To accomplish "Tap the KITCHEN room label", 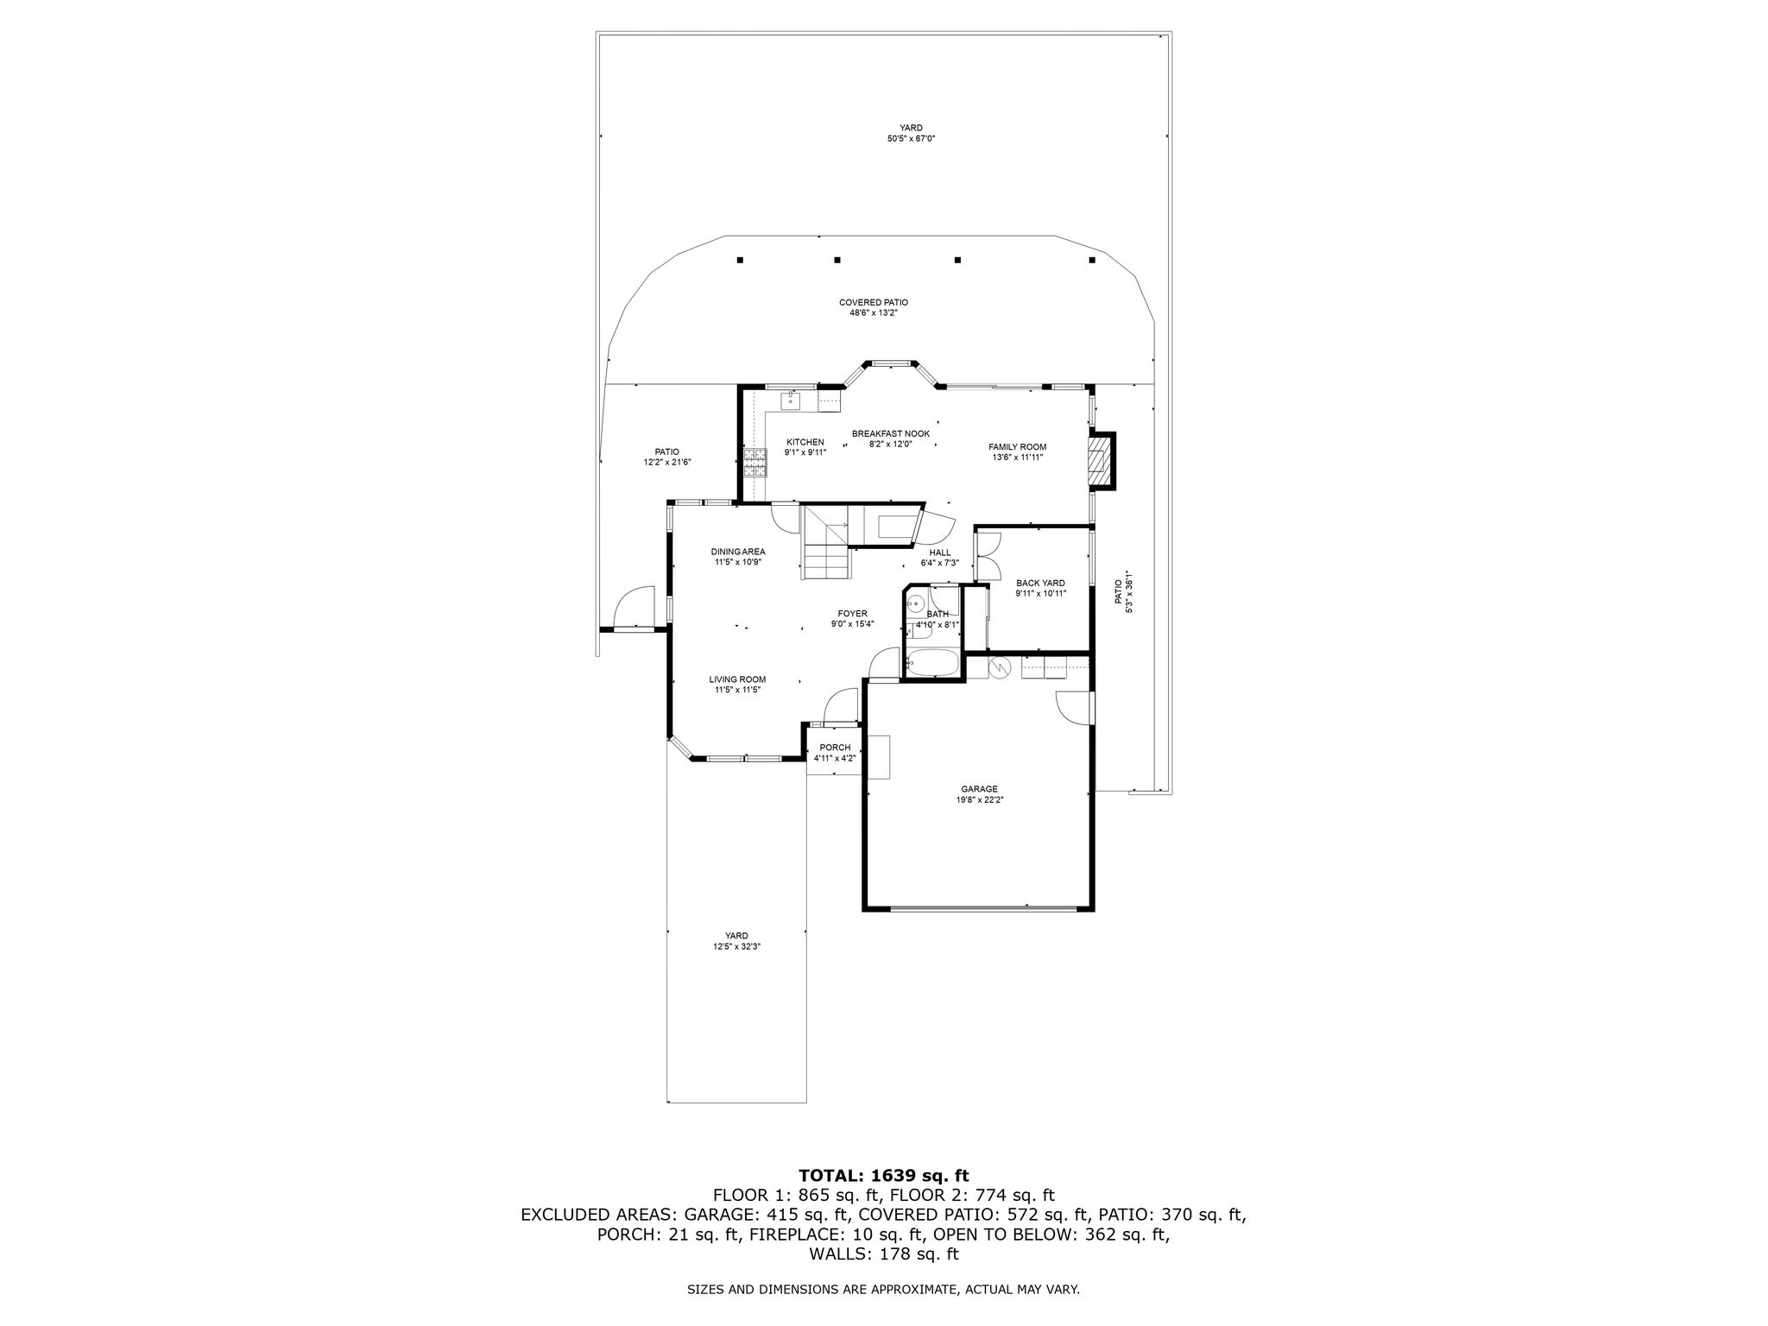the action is pos(805,442).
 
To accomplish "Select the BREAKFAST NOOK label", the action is pos(891,433).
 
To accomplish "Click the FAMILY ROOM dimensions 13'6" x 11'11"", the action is pos(1018,458).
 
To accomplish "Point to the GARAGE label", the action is pos(979,789).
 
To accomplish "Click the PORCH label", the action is pos(835,748).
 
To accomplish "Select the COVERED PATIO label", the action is pos(874,303).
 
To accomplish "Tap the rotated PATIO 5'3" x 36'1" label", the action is pos(1122,591).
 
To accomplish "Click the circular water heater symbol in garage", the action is pos(1000,666).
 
